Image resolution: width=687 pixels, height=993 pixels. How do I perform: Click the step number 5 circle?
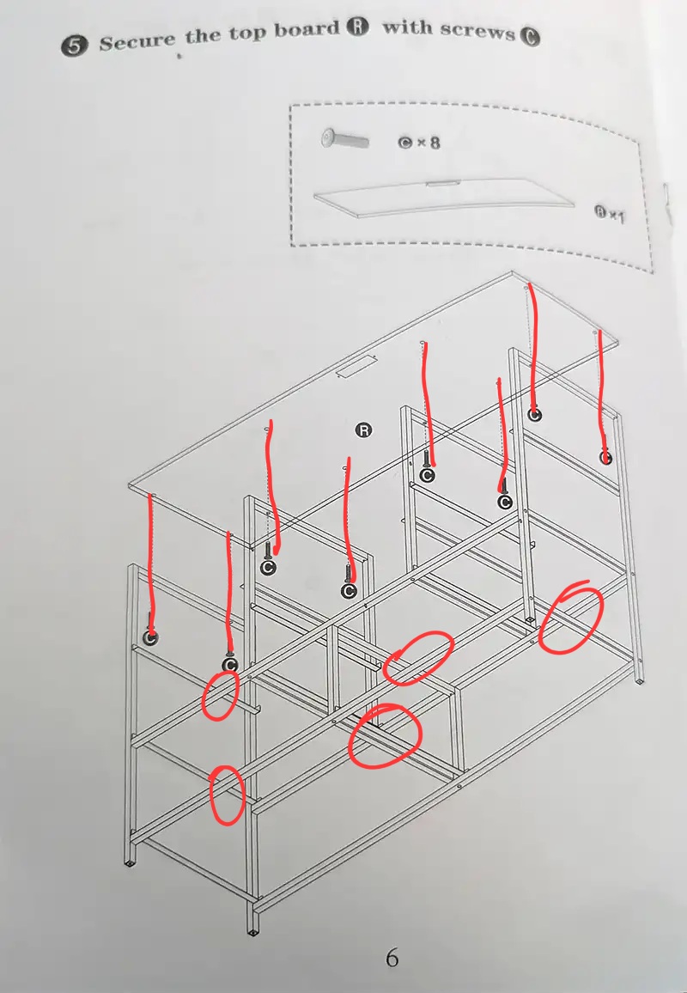(74, 47)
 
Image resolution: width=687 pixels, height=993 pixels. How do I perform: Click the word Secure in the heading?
(137, 41)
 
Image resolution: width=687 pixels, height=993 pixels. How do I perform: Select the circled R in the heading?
(357, 27)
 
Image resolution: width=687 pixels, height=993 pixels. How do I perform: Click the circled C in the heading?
(529, 37)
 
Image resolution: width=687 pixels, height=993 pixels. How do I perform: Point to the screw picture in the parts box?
(345, 138)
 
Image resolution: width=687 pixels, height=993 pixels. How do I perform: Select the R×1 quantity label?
(610, 214)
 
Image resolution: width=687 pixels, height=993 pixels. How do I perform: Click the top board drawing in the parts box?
(444, 197)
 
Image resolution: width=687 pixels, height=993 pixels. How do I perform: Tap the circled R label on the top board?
(363, 430)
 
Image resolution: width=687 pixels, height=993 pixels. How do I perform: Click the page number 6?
(392, 958)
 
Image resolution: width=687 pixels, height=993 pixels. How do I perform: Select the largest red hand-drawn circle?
(384, 736)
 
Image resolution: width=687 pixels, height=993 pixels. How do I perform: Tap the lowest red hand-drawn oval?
(227, 795)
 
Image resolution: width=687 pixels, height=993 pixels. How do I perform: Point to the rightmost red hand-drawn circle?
(570, 617)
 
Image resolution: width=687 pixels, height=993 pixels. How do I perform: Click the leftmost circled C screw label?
(150, 637)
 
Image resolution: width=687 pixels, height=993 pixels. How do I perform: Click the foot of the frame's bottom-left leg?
(129, 862)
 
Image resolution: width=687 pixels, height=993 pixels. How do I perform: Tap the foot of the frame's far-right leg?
(640, 679)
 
